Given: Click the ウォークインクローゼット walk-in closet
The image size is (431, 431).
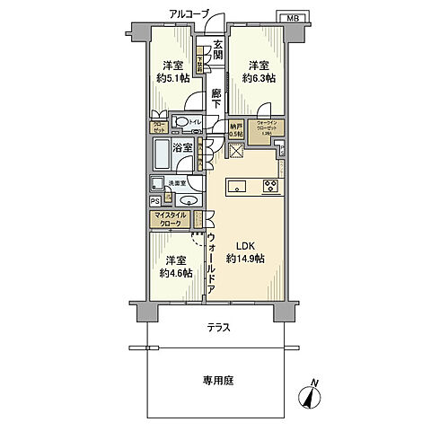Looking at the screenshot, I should pyautogui.click(x=270, y=130).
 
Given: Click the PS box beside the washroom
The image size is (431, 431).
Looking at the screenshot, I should pyautogui.click(x=154, y=202).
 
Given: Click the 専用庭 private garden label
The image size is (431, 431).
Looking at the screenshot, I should pyautogui.click(x=218, y=381).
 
